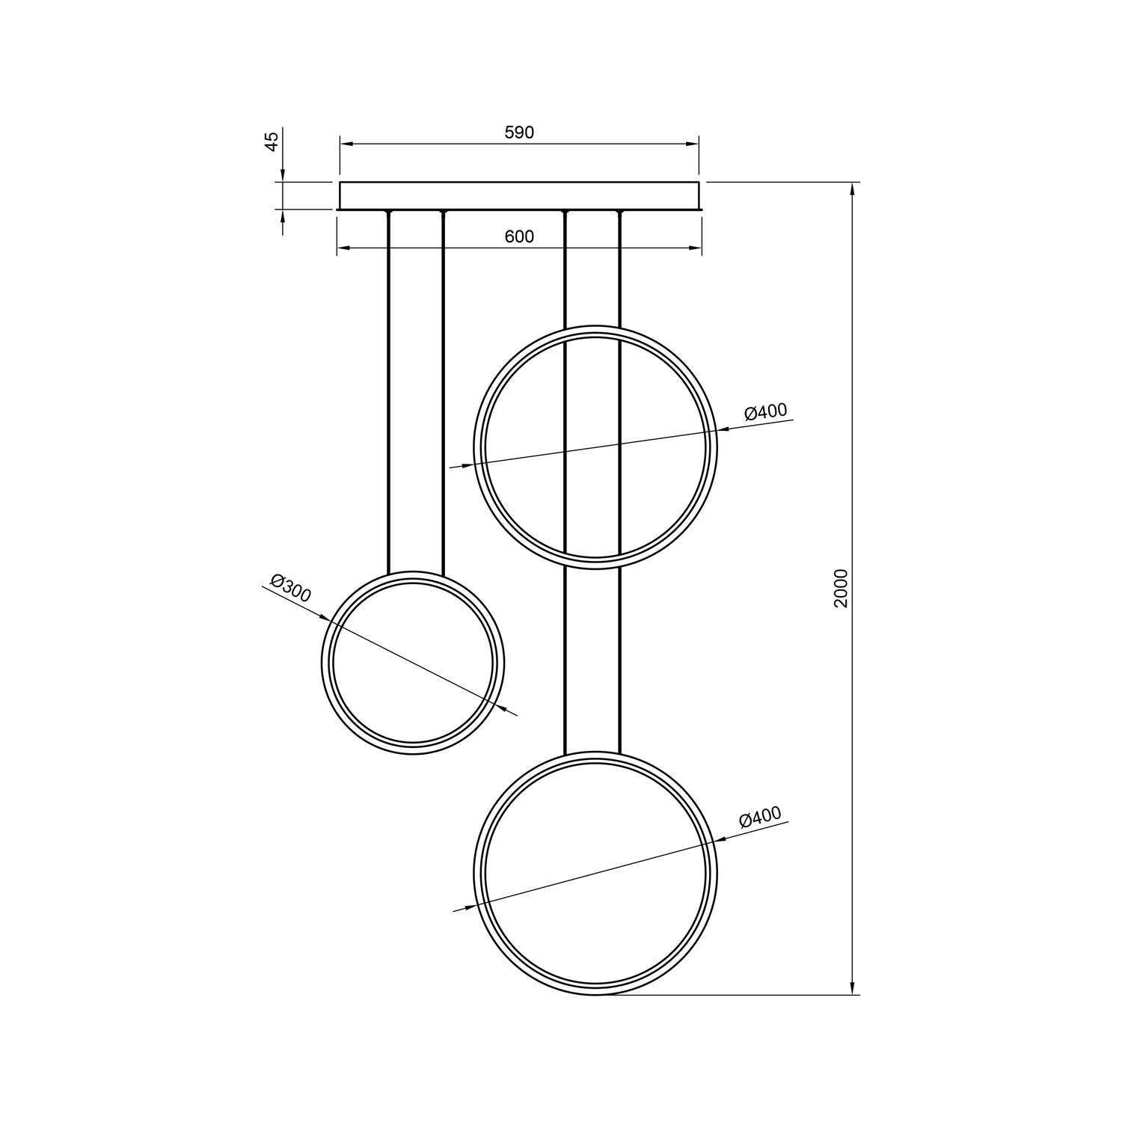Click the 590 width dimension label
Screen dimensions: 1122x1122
pyautogui.click(x=519, y=132)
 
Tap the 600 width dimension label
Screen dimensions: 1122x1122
pyautogui.click(x=519, y=236)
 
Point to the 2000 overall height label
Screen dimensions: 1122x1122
pyautogui.click(x=841, y=588)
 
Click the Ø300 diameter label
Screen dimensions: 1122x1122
pyautogui.click(x=291, y=589)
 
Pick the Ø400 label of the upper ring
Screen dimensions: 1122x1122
pyautogui.click(x=766, y=411)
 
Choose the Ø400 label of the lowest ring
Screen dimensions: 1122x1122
pyautogui.click(x=760, y=817)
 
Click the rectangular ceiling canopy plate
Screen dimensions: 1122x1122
pyautogui.click(x=519, y=195)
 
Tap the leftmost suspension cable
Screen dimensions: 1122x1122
pyautogui.click(x=389, y=393)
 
